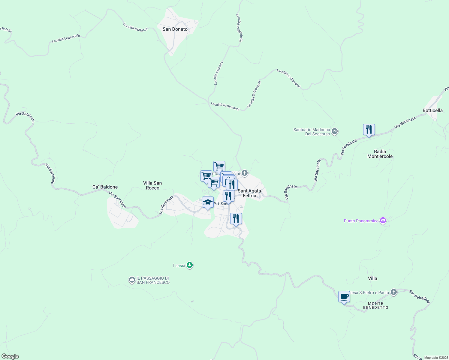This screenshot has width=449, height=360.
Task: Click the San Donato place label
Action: coord(175,29)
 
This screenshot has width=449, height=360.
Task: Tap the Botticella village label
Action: coord(432,110)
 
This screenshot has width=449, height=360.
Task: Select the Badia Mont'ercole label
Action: coord(380,154)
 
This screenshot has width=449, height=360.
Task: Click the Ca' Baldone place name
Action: coord(105,187)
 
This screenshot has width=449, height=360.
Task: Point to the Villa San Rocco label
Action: coord(152,185)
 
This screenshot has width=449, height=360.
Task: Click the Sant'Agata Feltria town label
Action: coord(249,193)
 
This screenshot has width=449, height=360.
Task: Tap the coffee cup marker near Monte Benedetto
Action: coord(344,297)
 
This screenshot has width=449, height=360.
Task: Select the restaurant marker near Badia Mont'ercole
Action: coord(369,130)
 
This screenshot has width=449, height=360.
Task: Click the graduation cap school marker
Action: coord(208,202)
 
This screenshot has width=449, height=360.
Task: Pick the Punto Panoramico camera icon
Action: coord(383,221)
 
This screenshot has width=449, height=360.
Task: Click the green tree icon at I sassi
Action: coord(189,265)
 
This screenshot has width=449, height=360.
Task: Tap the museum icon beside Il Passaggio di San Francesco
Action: coord(132,280)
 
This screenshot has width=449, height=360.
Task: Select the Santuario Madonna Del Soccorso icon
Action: coord(335,131)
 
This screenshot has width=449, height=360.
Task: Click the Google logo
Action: coord(10,356)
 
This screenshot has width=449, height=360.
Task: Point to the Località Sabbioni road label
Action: coord(135,27)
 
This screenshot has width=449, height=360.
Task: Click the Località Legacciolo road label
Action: coord(66,38)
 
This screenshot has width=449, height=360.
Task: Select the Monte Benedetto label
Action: coord(375,305)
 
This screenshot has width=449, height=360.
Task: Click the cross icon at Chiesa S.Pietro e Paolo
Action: coord(394,292)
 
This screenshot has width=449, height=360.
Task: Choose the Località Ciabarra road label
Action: coord(218,73)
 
